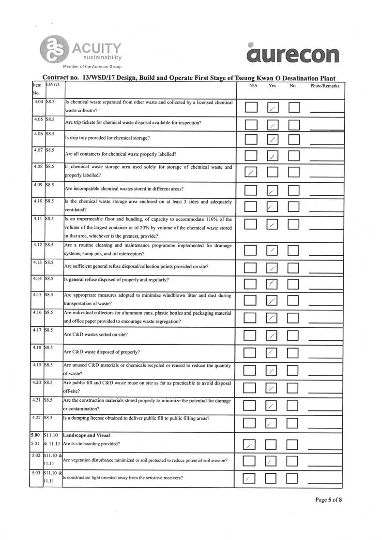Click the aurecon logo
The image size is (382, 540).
(x=292, y=54)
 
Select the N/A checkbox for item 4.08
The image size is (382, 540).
(x=251, y=173)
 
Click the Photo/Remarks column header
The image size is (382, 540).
(x=325, y=86)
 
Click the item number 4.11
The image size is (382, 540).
(x=37, y=219)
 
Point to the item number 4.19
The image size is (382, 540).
(x=37, y=365)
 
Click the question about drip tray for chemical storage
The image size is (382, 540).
(x=107, y=138)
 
